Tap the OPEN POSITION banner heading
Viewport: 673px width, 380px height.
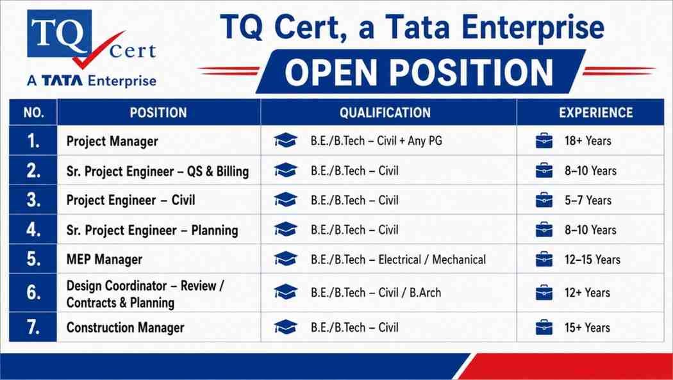(419, 72)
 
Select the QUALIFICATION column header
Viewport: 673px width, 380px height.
(385, 113)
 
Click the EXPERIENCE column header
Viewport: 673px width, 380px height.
(595, 113)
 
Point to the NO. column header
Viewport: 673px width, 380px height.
(33, 113)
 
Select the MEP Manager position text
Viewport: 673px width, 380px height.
(104, 260)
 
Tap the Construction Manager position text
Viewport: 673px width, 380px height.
(126, 327)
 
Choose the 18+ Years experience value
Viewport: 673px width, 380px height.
(588, 141)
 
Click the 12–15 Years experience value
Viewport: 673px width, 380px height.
(592, 260)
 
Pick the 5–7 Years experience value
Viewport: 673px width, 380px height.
(588, 201)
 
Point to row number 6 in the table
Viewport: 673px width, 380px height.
(33, 292)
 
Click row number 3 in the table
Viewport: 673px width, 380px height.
(33, 201)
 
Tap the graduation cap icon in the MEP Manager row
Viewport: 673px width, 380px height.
(285, 259)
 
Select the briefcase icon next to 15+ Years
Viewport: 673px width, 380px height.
(544, 327)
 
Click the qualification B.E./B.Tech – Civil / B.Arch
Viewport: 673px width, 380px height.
(376, 293)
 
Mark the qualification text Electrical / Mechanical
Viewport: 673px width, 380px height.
(432, 260)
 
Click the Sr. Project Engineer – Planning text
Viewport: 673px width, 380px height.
(152, 230)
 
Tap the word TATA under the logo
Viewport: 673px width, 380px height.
(62, 81)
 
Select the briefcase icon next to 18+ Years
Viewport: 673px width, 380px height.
(544, 141)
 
